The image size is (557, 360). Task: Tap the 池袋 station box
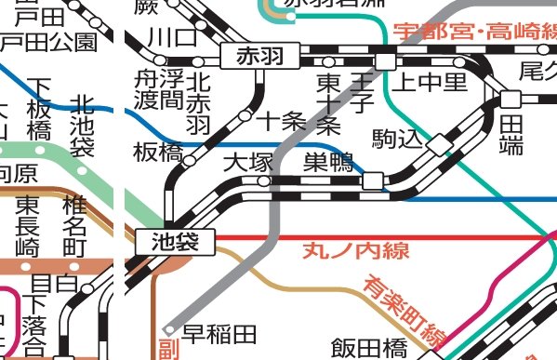(x=175, y=241)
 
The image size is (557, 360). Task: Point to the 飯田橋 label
(x=368, y=347)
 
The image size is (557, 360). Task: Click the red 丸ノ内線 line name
(x=343, y=250)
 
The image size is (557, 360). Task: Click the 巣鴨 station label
(x=328, y=163)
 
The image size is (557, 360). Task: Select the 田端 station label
(x=511, y=133)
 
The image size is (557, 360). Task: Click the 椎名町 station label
(x=74, y=224)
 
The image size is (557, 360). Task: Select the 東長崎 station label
(x=27, y=224)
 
